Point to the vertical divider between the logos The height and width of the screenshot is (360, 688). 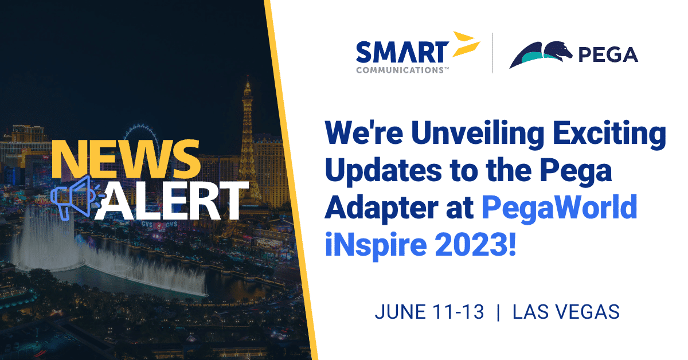click(493, 53)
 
